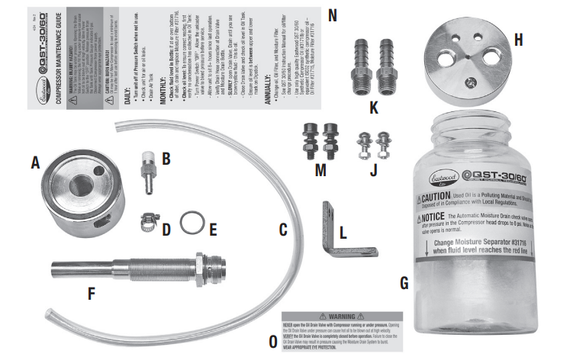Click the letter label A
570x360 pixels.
coord(34,162)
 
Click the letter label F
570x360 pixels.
coord(92,293)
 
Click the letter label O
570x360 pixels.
coord(272,342)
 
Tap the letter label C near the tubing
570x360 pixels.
coord(282,228)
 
